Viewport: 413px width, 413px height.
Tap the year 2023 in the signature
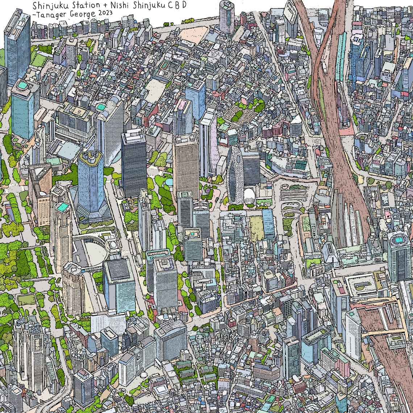[x=104, y=13]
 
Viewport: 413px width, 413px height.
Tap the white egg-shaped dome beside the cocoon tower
[x=249, y=196]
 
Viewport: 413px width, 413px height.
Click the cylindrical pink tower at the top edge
[x=227, y=16]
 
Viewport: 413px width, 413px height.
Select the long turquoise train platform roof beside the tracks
[x=340, y=54]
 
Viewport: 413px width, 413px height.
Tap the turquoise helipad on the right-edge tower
[x=399, y=239]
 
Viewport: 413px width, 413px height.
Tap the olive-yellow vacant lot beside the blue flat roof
[x=256, y=229]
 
